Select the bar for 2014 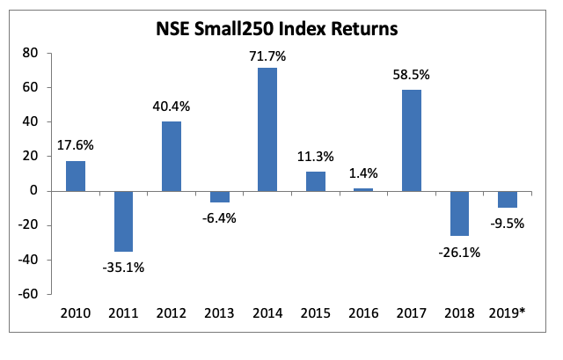[x=267, y=129]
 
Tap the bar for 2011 [x=123, y=221]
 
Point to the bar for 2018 [x=459, y=213]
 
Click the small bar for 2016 [x=363, y=189]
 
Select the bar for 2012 [x=171, y=156]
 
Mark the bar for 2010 [x=75, y=175]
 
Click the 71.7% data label [x=267, y=57]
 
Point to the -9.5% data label [x=507, y=223]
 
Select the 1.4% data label [x=363, y=176]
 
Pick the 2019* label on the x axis [x=508, y=312]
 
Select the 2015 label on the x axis [x=315, y=312]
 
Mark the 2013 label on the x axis [x=219, y=312]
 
